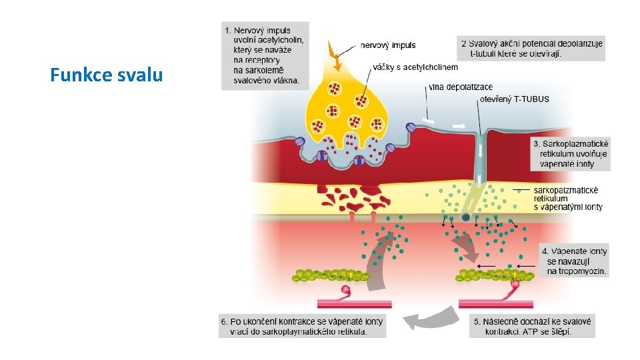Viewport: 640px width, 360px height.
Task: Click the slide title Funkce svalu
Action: pos(106,75)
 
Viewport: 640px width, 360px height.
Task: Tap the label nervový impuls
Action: pos(388,45)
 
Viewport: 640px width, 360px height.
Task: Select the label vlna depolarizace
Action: pos(461,87)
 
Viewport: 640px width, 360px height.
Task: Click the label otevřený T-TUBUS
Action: pos(515,99)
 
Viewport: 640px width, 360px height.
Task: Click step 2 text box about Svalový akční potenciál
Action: pos(532,48)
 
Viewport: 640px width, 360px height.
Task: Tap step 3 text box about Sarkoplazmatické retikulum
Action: pos(571,154)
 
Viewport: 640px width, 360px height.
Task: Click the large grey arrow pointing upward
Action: pos(379,267)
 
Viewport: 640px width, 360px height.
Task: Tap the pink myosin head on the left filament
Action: pos(346,291)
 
